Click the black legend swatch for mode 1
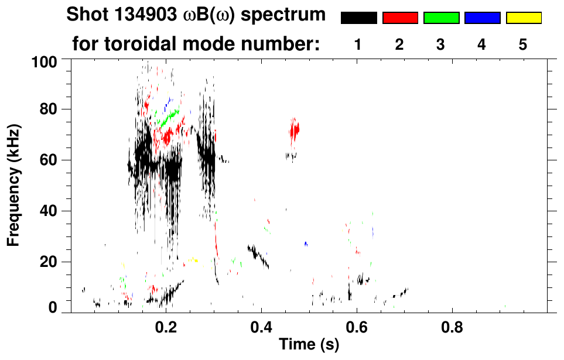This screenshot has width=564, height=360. [358, 18]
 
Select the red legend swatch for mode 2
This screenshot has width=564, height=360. [400, 18]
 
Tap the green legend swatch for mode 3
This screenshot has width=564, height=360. [441, 18]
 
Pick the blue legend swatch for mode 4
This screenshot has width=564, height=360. [482, 18]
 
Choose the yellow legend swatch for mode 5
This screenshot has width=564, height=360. [523, 18]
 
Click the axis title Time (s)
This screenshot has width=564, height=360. [308, 345]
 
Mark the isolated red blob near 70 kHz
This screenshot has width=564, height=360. [294, 129]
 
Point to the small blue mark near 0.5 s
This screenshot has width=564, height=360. [306, 244]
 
